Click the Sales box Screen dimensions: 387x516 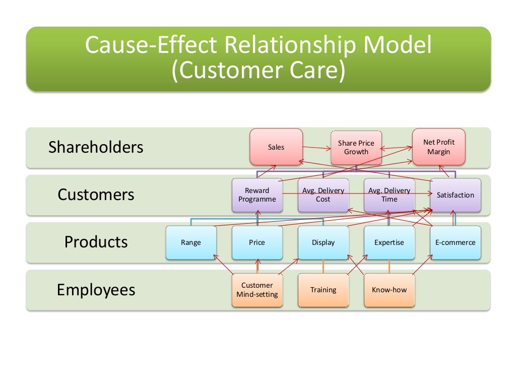tap(276, 147)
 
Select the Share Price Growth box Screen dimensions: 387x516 tap(356, 148)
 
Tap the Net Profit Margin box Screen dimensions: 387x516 tap(438, 147)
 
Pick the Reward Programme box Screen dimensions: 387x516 tap(257, 195)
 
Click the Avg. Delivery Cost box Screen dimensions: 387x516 tap(323, 195)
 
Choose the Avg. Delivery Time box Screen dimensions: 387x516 tap(389, 195)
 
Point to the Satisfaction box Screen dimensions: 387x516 tap(455, 195)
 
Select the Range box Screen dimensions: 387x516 tap(191, 242)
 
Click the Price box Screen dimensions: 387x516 tap(257, 242)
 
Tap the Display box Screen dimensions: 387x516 tap(323, 242)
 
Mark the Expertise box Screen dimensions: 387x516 tap(389, 242)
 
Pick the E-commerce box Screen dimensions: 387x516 tap(455, 242)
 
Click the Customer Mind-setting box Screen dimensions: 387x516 tap(257, 290)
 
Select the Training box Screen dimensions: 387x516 tap(323, 290)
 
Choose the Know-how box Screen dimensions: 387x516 tap(389, 290)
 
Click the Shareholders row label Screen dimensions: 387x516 tap(96, 148)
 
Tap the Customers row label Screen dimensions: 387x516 tap(96, 195)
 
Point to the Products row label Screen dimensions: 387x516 tap(96, 242)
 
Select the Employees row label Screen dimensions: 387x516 tap(96, 290)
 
